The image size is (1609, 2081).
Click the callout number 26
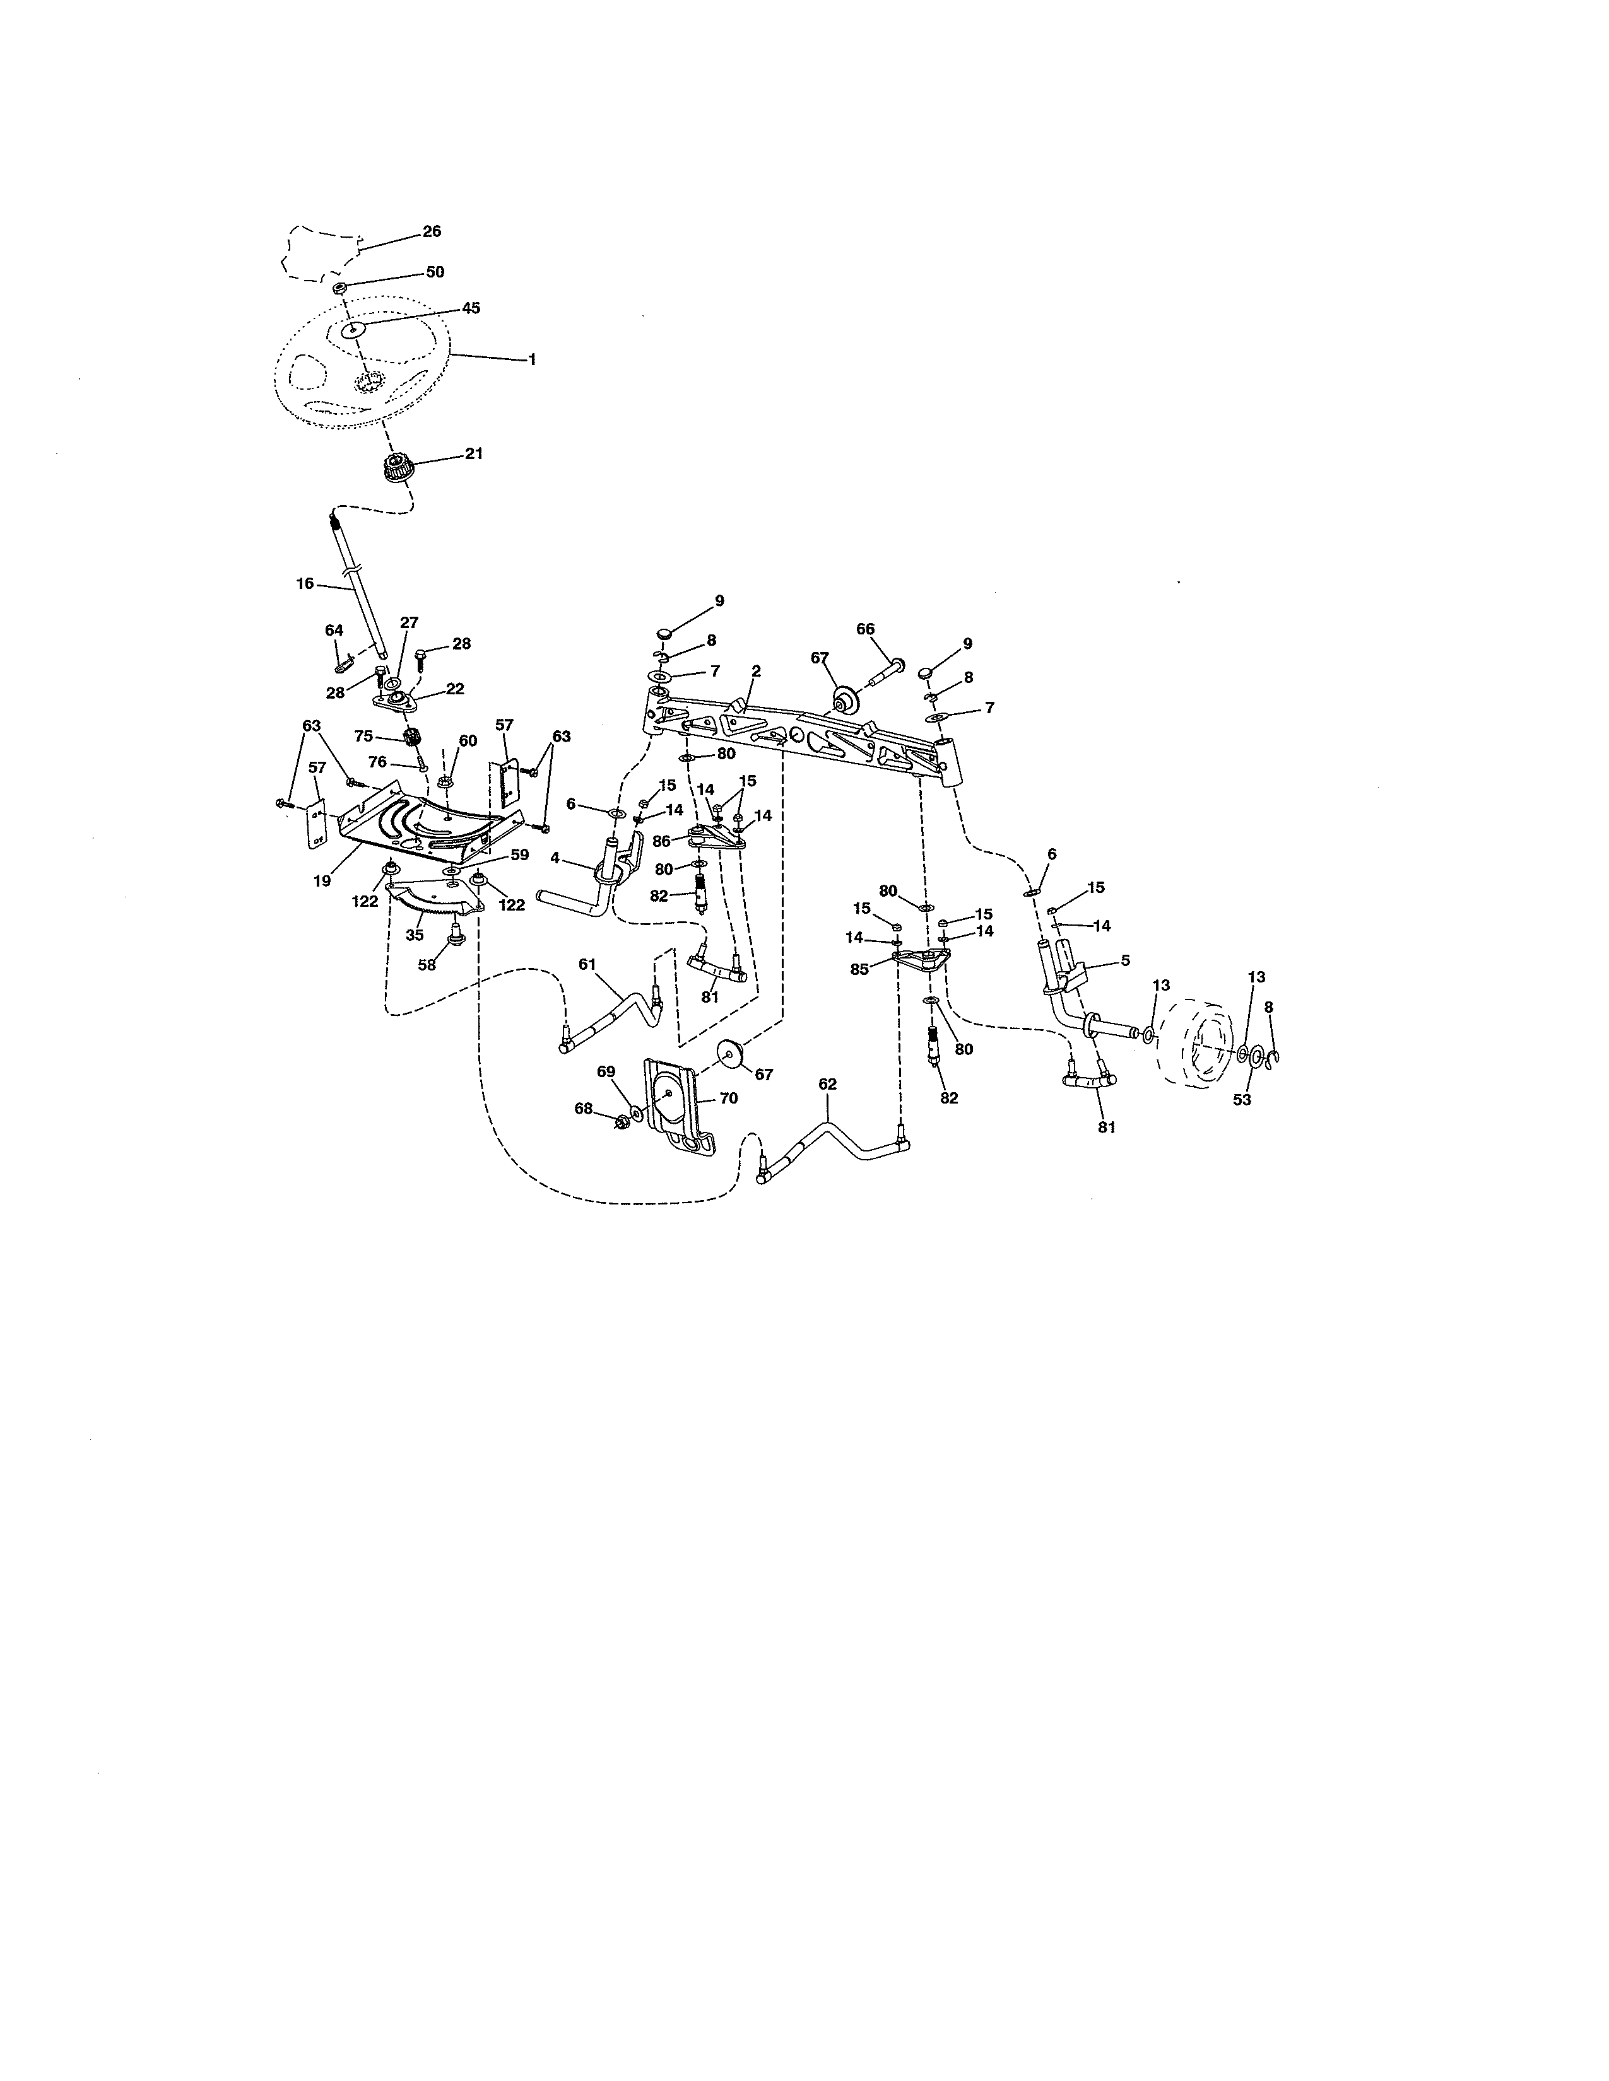click(432, 231)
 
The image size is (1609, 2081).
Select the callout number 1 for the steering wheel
click(532, 359)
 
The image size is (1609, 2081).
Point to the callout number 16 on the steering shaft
click(304, 583)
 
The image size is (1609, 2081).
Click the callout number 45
click(471, 308)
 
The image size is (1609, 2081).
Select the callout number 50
click(435, 272)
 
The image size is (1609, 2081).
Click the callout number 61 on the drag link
click(587, 964)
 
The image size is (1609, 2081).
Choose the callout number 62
click(827, 1085)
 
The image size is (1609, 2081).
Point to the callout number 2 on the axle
click(756, 671)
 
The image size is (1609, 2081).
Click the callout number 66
click(864, 629)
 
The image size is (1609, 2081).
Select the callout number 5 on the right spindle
click(1125, 960)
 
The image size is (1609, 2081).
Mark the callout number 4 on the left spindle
click(555, 858)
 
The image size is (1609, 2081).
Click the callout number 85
click(860, 969)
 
